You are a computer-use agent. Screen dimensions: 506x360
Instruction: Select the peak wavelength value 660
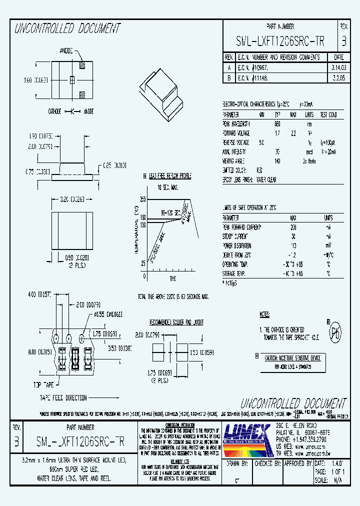click(278, 123)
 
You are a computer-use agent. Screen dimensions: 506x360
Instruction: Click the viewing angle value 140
click(278, 161)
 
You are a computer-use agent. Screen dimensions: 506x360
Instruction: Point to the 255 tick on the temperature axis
click(142, 199)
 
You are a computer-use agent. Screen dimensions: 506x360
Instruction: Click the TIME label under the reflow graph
click(173, 278)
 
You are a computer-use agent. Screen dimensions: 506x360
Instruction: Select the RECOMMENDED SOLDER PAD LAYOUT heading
click(176, 322)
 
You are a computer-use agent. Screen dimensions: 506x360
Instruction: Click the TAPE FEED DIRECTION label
click(63, 398)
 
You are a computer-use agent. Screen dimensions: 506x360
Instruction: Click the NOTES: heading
click(265, 314)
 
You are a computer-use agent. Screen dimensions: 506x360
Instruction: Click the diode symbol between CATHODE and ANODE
click(72, 111)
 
